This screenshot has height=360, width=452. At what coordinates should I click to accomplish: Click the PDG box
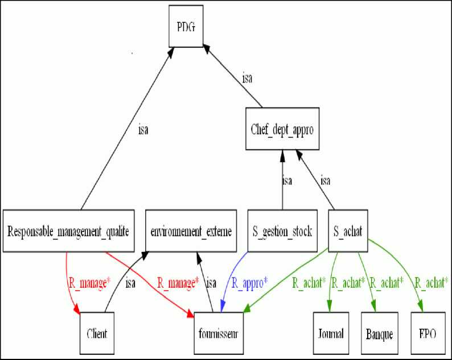pos(186,27)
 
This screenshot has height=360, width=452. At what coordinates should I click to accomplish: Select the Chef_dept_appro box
pos(282,129)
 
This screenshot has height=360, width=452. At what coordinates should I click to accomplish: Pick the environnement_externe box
pos(191,231)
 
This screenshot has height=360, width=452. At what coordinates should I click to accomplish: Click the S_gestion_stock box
pos(282,231)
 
